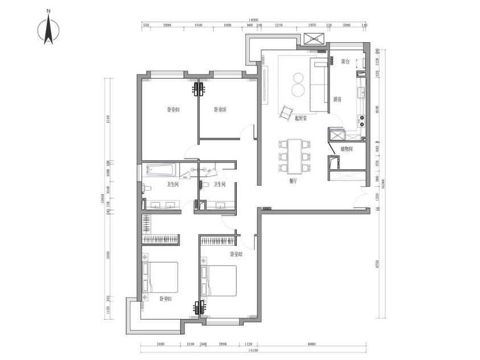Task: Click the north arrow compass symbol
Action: [49, 31]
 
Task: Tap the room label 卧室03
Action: [173, 110]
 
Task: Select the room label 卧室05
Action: [220, 110]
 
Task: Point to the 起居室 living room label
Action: [301, 118]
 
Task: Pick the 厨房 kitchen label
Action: [337, 99]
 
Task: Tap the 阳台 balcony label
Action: [345, 62]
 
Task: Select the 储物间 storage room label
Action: [346, 149]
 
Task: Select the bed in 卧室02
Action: [219, 281]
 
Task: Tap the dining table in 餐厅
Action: [294, 156]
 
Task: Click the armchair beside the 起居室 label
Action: [285, 111]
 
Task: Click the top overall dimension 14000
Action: [253, 20]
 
